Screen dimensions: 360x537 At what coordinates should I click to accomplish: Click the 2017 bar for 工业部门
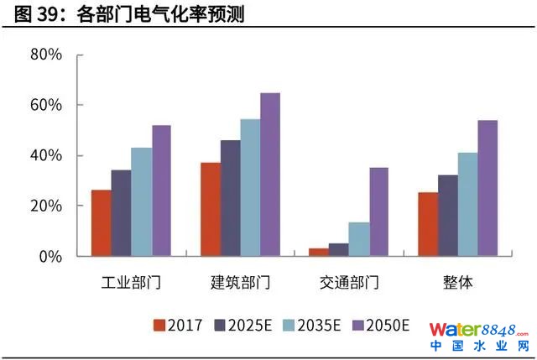pyautogui.click(x=101, y=223)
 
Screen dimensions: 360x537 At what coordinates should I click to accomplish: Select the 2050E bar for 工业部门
pyautogui.click(x=161, y=190)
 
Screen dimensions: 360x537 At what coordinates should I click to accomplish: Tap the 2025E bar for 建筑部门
pyautogui.click(x=230, y=198)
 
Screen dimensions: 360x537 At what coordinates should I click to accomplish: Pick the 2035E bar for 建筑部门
pyautogui.click(x=250, y=187)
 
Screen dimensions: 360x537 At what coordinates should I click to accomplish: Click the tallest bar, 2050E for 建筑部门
pyautogui.click(x=270, y=175)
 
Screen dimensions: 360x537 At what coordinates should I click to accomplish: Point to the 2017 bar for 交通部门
pyautogui.click(x=319, y=252)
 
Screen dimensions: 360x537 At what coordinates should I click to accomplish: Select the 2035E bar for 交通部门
pyautogui.click(x=359, y=239)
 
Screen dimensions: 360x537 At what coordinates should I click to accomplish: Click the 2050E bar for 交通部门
pyautogui.click(x=379, y=211)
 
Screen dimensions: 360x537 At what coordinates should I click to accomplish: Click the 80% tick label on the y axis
pyautogui.click(x=46, y=55)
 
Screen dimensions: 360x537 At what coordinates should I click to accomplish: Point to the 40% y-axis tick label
pyautogui.click(x=46, y=156)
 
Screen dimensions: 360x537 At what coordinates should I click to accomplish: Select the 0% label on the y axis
pyautogui.click(x=50, y=257)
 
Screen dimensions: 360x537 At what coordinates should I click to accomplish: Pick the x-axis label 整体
pyautogui.click(x=457, y=283)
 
